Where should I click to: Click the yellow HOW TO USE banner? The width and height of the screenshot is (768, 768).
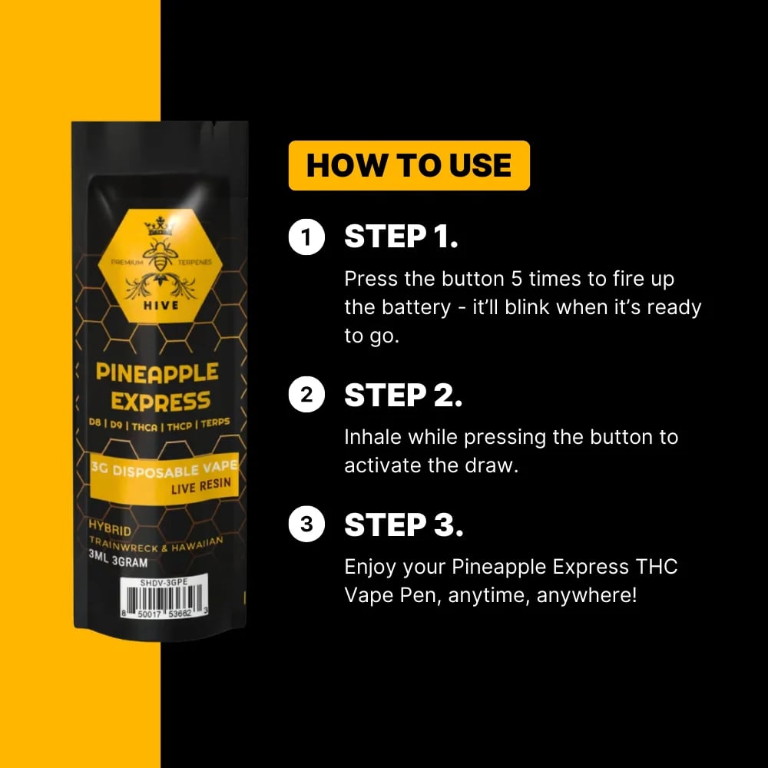click(x=409, y=166)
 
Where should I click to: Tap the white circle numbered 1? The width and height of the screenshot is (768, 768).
click(x=306, y=237)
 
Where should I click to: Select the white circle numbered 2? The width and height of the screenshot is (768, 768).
click(x=306, y=395)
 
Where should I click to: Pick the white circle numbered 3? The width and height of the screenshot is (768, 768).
click(x=306, y=524)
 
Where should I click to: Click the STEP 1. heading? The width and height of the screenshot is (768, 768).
click(x=401, y=237)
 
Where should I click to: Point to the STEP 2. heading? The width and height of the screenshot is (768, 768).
click(x=403, y=396)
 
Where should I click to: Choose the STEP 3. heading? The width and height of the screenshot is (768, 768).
click(x=404, y=525)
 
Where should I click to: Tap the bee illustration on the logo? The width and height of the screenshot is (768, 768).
click(x=161, y=256)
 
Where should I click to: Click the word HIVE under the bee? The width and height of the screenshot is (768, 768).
click(x=161, y=306)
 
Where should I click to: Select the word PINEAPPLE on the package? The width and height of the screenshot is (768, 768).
click(x=157, y=372)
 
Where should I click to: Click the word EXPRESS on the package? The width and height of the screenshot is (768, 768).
click(x=161, y=402)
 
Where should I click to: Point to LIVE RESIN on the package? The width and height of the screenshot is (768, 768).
click(x=200, y=486)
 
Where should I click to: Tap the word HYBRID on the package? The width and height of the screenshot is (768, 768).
click(x=110, y=528)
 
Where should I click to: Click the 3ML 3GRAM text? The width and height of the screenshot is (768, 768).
click(x=118, y=559)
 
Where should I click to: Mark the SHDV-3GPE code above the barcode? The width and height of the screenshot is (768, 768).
click(x=164, y=582)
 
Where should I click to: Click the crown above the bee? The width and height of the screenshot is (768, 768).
click(x=159, y=227)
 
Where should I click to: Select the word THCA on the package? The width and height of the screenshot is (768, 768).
click(x=144, y=426)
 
